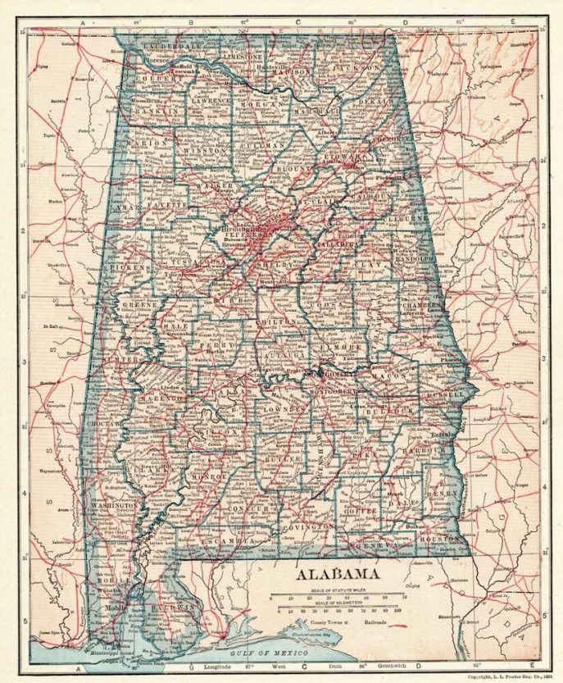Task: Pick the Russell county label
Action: (446, 394)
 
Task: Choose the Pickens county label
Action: (128, 267)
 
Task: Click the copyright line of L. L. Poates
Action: (501, 676)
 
